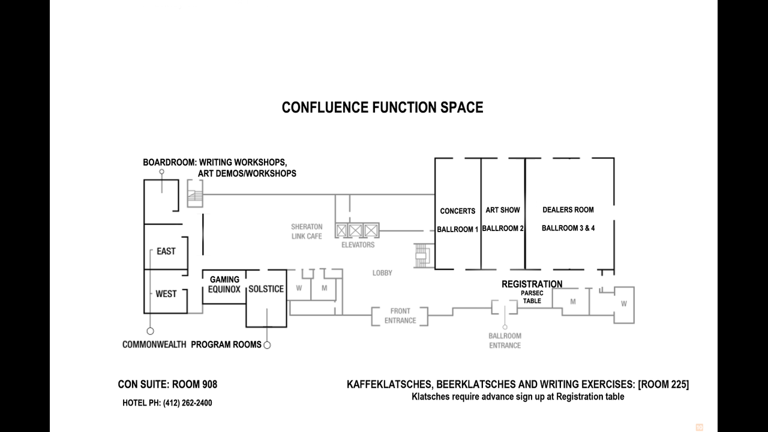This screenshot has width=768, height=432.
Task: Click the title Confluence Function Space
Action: pos(382,107)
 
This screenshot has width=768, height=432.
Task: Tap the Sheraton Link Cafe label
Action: pos(307,232)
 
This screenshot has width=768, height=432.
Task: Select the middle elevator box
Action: pos(356,231)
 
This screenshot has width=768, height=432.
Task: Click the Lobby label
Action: pos(382,273)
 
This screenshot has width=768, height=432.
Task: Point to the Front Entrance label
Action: pos(400,316)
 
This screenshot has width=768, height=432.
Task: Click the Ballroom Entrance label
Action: pos(505,340)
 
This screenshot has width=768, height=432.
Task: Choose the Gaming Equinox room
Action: pos(224,287)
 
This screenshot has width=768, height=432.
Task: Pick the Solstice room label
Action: pos(266,289)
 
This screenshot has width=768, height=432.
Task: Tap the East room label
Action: pos(166,251)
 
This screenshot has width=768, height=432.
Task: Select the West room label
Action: pos(166,294)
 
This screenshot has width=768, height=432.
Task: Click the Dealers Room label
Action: pos(568,210)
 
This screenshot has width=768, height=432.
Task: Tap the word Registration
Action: pos(532,284)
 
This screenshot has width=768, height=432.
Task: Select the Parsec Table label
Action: pos(532,297)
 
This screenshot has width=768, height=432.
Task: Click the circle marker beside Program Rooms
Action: pos(267,345)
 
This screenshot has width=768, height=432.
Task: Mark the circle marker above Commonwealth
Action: pos(150,331)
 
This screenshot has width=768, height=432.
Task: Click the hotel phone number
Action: pos(188,403)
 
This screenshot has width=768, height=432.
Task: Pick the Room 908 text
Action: pos(194,385)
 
